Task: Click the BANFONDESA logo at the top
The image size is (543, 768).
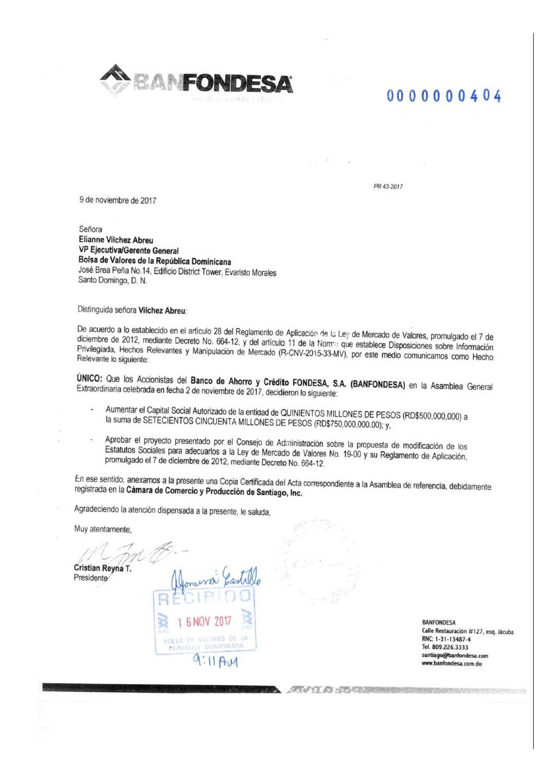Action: (197, 82)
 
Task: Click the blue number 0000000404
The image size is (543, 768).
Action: (444, 96)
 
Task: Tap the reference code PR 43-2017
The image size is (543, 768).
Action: (388, 187)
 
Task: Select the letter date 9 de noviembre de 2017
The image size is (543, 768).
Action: (118, 200)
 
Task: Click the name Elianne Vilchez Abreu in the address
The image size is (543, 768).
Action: (115, 240)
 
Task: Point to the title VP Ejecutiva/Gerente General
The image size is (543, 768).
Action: (128, 251)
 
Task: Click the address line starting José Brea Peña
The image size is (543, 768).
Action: (177, 272)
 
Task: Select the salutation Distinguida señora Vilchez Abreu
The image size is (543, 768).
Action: (132, 310)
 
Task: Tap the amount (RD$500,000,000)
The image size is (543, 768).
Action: (432, 416)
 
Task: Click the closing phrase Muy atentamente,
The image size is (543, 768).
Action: (103, 529)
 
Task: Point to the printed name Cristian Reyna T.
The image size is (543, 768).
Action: (103, 568)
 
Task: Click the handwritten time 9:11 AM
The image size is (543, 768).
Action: (216, 661)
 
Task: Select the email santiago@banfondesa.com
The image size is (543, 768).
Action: (455, 655)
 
